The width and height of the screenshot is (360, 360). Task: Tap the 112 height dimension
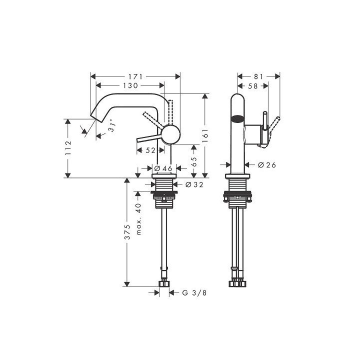(x=69, y=148)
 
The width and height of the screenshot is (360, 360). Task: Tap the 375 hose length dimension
(x=127, y=232)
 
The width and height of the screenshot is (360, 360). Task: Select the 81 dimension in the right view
(x=258, y=77)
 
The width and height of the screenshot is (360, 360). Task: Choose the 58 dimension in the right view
(x=253, y=86)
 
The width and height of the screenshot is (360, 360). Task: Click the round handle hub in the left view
(x=170, y=134)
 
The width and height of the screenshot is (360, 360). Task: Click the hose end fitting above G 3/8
(x=163, y=283)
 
